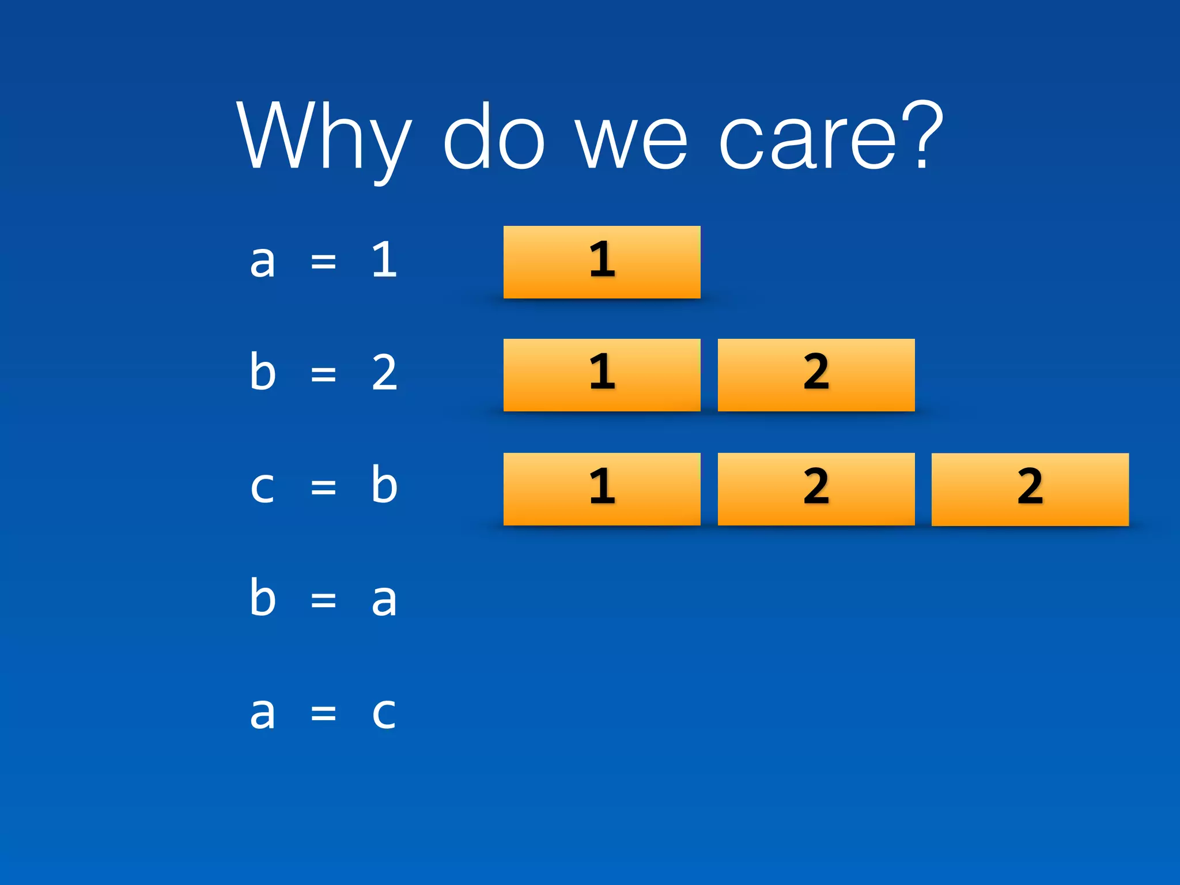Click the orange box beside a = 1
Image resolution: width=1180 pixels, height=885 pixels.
click(602, 262)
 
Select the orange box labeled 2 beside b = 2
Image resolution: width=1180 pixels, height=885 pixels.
click(816, 375)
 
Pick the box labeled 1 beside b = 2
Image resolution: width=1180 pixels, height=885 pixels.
click(602, 375)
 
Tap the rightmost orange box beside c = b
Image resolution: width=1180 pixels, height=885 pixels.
click(1030, 489)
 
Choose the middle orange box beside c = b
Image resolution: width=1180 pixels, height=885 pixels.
click(816, 489)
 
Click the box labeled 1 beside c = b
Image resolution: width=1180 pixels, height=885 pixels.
click(602, 489)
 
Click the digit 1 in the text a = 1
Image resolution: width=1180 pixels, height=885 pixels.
click(384, 260)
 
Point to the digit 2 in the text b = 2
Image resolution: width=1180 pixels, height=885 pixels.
click(384, 373)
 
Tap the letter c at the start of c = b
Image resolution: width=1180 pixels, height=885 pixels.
click(262, 487)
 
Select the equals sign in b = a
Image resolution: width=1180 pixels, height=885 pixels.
click(323, 600)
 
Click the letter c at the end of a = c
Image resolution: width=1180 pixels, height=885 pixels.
click(384, 713)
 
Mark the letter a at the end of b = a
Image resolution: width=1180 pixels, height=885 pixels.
click(384, 600)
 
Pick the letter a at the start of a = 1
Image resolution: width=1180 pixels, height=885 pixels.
click(262, 261)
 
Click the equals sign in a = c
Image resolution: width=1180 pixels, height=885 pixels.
click(323, 713)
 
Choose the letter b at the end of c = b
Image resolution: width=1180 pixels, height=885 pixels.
click(384, 485)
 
